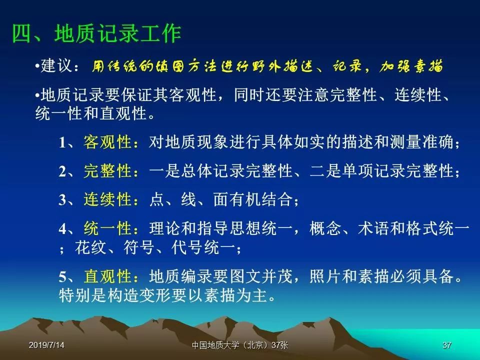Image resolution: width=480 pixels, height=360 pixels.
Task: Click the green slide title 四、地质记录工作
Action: tap(96, 33)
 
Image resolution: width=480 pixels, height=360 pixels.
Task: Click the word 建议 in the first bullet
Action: tap(56, 65)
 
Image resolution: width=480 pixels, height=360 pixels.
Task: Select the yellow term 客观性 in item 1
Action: tap(107, 142)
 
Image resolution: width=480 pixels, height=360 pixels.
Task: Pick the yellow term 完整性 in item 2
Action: tap(107, 171)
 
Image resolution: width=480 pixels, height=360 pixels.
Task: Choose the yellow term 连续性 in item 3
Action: tap(107, 199)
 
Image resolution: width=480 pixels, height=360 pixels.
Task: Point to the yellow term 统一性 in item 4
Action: tap(107, 228)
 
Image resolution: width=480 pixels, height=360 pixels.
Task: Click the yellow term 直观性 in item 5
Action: tap(107, 276)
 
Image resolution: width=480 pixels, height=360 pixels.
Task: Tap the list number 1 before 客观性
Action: tap(62, 142)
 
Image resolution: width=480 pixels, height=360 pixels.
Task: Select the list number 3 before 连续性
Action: tap(62, 200)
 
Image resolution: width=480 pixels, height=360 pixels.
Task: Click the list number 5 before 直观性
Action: tap(62, 277)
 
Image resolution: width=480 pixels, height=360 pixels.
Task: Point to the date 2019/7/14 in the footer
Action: tap(46, 345)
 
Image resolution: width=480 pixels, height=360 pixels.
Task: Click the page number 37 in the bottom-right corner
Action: tap(447, 345)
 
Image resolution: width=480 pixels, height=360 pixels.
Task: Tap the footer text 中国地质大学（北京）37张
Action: tap(240, 345)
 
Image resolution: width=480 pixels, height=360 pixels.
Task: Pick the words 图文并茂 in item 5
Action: tap(261, 276)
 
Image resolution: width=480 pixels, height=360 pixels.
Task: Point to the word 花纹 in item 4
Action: tap(90, 247)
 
